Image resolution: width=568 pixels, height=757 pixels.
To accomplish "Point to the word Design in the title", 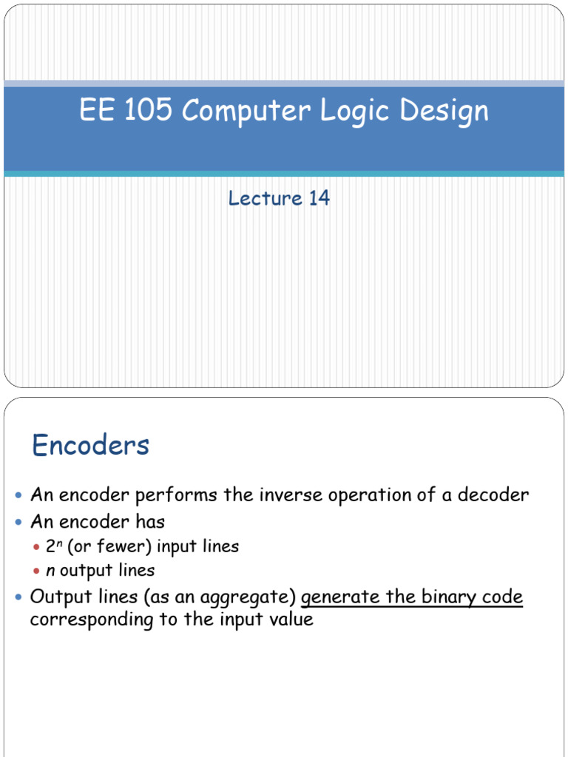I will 445,112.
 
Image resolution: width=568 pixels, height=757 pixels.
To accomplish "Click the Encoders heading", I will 90,445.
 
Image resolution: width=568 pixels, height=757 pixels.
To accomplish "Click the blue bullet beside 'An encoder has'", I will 19,523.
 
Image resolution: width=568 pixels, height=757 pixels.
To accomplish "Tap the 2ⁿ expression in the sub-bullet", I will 53,546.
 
